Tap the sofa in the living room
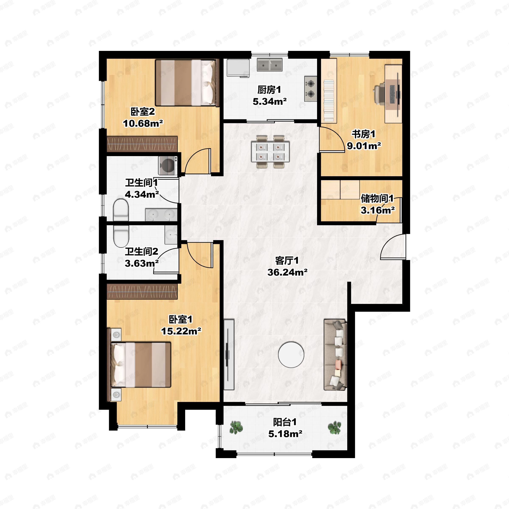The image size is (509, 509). [335, 355]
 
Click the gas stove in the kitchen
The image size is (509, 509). [311, 89]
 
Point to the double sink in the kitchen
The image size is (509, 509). [270, 64]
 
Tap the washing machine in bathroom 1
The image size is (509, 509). [168, 165]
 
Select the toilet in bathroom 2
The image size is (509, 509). [121, 236]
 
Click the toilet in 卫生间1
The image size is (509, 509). [121, 210]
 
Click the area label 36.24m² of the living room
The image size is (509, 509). [287, 272]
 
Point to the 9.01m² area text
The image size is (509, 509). [364, 146]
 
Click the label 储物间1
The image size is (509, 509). [377, 198]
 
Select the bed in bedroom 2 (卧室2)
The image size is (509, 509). [187, 83]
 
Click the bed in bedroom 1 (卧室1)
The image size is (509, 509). [141, 365]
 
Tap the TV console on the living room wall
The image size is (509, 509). [229, 354]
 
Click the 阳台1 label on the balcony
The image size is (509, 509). [285, 422]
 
